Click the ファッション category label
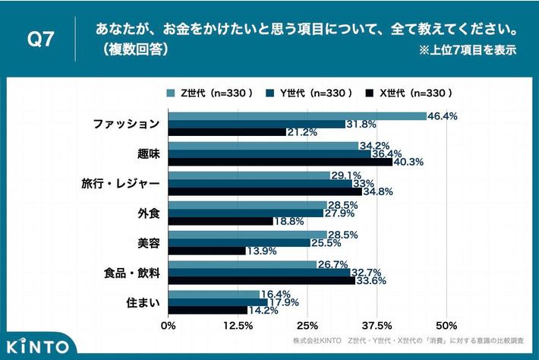click(126, 124)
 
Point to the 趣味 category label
click(148, 153)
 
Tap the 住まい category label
click(142, 302)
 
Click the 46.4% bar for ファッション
click(297, 116)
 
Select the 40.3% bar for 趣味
click(280, 162)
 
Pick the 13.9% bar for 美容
click(206, 251)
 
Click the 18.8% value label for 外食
click(288, 221)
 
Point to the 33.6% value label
click(372, 280)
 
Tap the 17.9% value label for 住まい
click(284, 302)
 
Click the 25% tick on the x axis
click(307, 326)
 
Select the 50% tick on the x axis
click(447, 326)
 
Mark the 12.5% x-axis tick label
click(238, 326)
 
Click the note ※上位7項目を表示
click(466, 51)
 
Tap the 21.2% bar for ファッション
click(227, 132)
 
